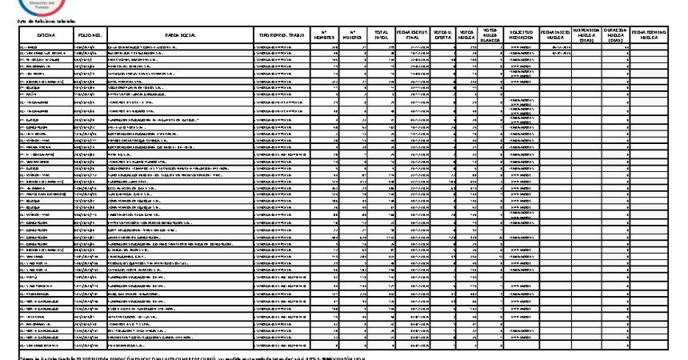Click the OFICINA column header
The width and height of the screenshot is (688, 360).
[45, 36]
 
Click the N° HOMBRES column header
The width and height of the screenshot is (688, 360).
[323, 36]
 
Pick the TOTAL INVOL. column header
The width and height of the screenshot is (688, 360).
[382, 36]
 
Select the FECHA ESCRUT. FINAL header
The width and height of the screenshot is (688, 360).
[414, 36]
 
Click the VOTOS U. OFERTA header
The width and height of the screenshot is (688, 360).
[443, 36]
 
